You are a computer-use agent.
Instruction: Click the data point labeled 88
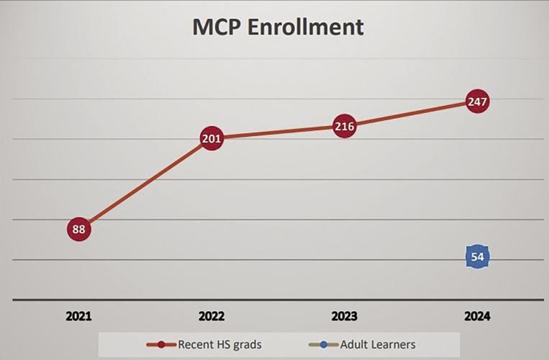click(x=79, y=230)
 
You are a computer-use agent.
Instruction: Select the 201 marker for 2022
click(x=212, y=138)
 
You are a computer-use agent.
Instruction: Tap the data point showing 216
click(x=345, y=127)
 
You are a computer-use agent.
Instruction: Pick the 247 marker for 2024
click(x=477, y=102)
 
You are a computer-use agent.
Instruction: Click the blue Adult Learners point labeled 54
click(x=477, y=257)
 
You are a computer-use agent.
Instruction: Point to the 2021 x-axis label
click(x=79, y=316)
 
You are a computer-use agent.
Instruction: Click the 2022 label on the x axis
click(x=212, y=316)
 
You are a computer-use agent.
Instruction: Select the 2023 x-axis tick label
click(x=345, y=316)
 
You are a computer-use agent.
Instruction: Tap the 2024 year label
click(x=477, y=316)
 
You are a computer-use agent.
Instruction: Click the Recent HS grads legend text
click(x=219, y=344)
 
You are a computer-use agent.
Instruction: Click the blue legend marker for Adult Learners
click(x=325, y=344)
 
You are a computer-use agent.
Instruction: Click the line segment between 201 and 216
click(x=278, y=132)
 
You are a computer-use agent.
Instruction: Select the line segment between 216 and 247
click(x=411, y=114)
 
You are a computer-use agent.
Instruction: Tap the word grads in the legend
click(x=245, y=344)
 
